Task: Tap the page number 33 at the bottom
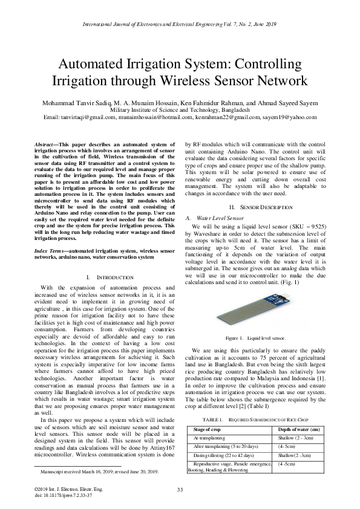[x=180, y=490]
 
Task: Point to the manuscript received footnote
[x=100, y=471]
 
